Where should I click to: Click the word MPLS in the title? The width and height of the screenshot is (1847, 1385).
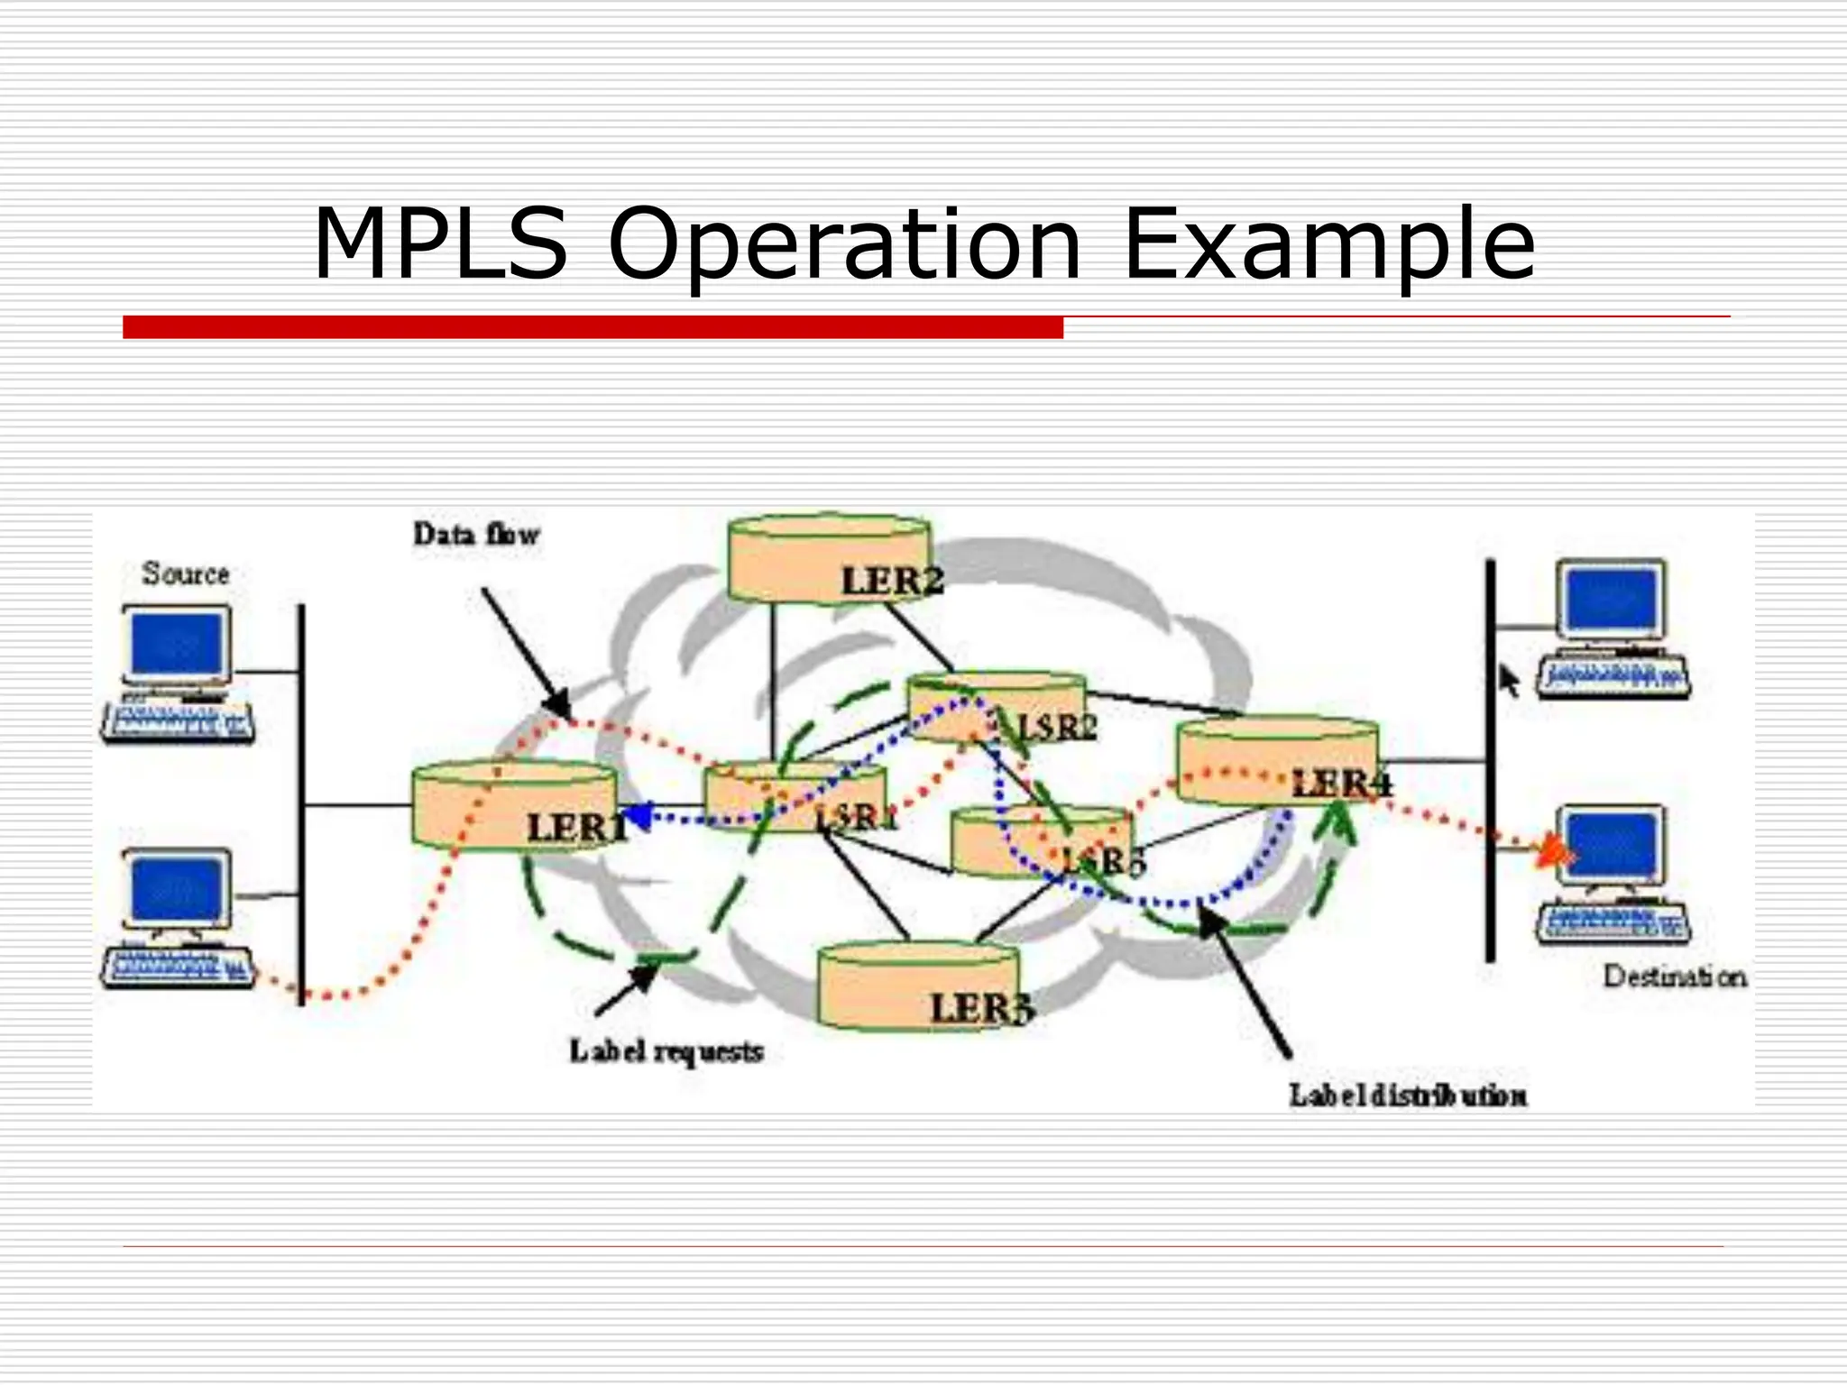pos(440,244)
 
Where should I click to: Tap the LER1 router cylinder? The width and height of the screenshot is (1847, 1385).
pos(515,805)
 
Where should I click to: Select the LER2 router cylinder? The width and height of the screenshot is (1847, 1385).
pos(829,559)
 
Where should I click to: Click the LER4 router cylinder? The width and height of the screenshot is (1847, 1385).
pos(1277,761)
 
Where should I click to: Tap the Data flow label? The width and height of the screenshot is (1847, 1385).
pos(476,535)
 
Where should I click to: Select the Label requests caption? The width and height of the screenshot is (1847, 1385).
pos(666,1051)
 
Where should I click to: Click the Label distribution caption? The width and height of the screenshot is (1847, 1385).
pos(1408,1096)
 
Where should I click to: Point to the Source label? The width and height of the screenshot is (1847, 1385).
pos(186,573)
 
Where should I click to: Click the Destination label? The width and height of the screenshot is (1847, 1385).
pos(1674,977)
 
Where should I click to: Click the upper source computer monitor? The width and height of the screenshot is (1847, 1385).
pos(177,643)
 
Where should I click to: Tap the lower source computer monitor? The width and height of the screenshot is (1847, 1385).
pos(177,889)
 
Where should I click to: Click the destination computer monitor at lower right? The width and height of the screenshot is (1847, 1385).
pos(1612,845)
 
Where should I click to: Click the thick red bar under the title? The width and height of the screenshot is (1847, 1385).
pos(593,327)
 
